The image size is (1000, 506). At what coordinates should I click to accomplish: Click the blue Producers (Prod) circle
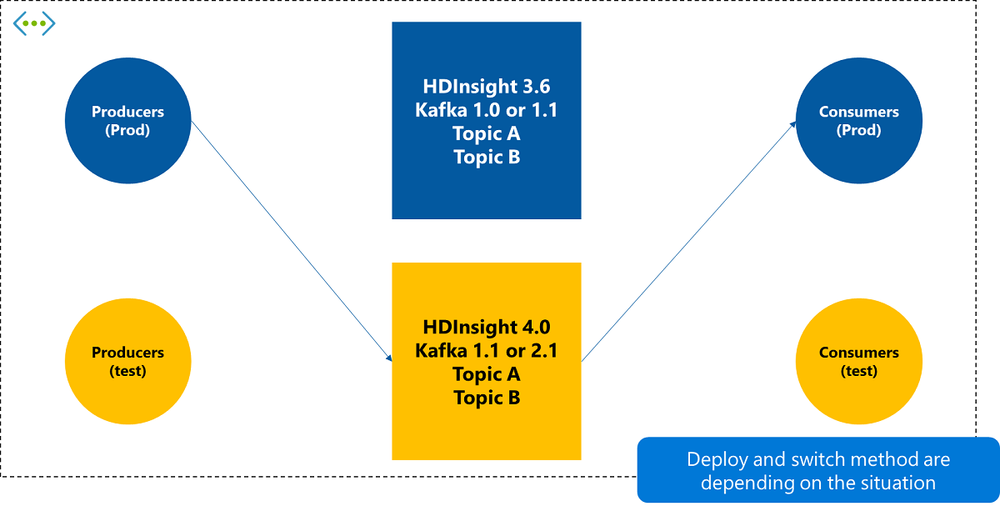click(x=127, y=121)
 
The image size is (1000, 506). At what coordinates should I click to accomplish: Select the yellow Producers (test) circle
click(x=127, y=361)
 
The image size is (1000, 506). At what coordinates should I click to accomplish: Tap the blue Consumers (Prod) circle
click(x=859, y=121)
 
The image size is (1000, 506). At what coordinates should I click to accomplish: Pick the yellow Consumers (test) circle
click(x=859, y=361)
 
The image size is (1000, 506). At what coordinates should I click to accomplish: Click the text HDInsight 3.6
click(x=486, y=87)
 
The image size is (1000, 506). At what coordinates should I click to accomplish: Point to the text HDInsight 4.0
click(x=486, y=327)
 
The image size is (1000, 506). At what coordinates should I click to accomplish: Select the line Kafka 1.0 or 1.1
click(x=486, y=110)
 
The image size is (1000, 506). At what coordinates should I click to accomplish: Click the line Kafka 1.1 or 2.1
click(x=486, y=351)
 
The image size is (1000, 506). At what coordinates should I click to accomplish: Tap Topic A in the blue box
click(x=486, y=133)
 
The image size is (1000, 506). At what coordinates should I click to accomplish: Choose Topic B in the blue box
click(x=486, y=157)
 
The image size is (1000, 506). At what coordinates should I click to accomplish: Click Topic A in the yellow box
click(x=486, y=374)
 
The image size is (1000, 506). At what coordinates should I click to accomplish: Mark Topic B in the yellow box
click(x=486, y=398)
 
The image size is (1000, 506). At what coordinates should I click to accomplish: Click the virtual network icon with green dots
click(x=34, y=23)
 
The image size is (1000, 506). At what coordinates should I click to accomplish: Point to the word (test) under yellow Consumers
click(x=859, y=371)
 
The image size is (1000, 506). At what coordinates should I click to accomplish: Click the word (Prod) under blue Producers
click(x=127, y=131)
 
